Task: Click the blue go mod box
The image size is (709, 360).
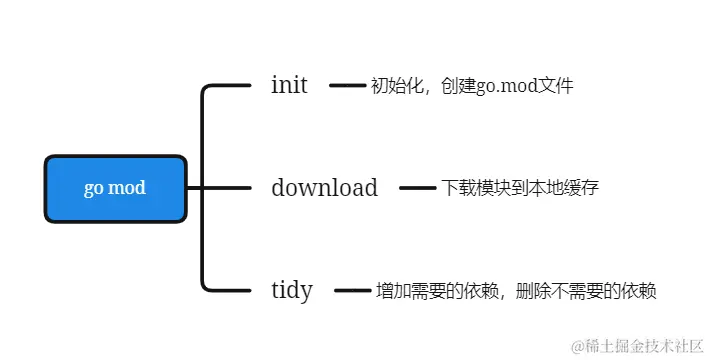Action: pyautogui.click(x=116, y=188)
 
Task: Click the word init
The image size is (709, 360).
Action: pyautogui.click(x=289, y=86)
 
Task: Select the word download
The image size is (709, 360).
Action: pyautogui.click(x=324, y=188)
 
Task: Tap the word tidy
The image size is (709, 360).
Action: pyautogui.click(x=292, y=291)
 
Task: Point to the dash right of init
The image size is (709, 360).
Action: pyautogui.click(x=348, y=86)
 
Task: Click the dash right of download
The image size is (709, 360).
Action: pyautogui.click(x=418, y=188)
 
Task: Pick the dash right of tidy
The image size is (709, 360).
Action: pyautogui.click(x=352, y=291)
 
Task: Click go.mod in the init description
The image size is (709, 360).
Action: pyautogui.click(x=506, y=87)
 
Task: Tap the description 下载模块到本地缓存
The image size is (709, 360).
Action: pyautogui.click(x=520, y=188)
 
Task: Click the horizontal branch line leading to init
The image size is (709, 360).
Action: pyautogui.click(x=228, y=86)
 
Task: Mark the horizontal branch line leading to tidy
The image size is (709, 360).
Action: pyautogui.click(x=228, y=291)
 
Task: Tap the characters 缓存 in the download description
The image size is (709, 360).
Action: pyautogui.click(x=582, y=188)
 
